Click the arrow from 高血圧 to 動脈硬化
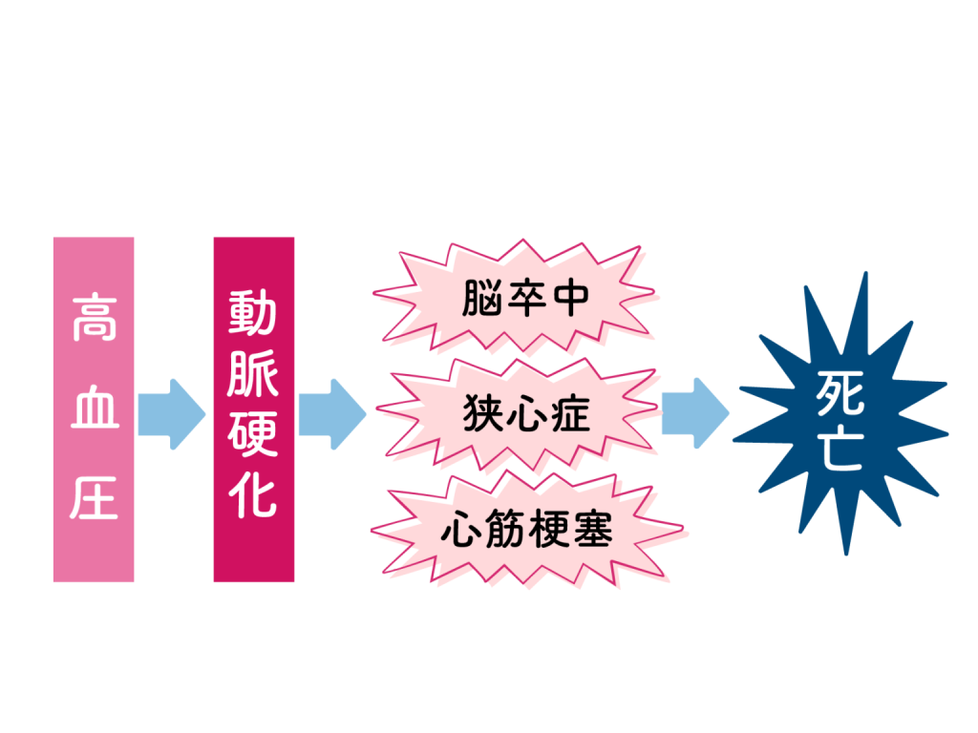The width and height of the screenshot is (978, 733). pos(172,413)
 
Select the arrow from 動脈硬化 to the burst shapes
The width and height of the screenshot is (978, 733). pos(331,413)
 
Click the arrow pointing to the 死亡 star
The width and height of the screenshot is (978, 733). pos(694,413)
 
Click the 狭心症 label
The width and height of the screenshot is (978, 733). pos(526,414)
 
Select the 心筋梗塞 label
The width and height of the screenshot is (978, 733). pos(526,530)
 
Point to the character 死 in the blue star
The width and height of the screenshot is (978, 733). pos(840,391)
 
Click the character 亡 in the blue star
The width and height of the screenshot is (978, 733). pos(840,446)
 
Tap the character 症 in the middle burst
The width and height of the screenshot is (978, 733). pos(570,414)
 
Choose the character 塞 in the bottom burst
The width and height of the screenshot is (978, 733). pos(593,530)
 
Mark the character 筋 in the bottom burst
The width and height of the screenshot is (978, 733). pos(504,530)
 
